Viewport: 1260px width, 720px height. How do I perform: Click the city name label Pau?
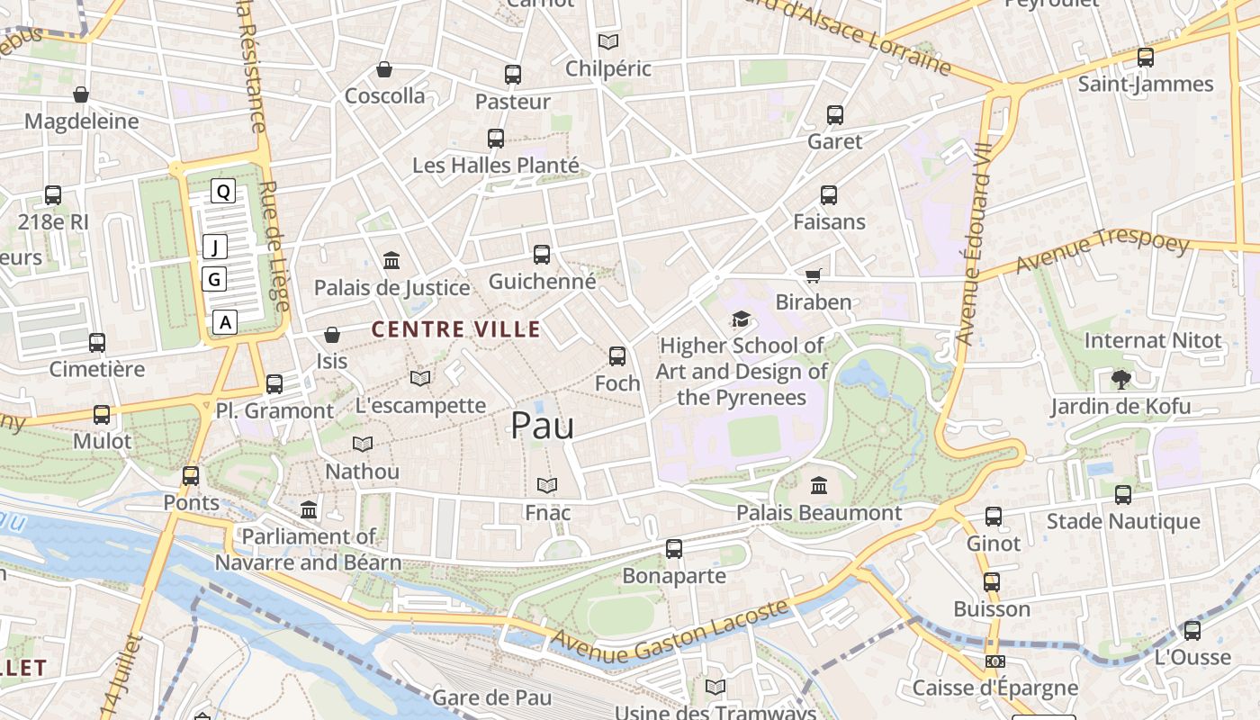pos(542,426)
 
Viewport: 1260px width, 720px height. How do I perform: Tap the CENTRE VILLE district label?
pos(456,329)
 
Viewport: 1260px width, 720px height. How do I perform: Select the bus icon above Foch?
pos(617,356)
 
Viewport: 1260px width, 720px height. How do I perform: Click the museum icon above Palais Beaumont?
pos(819,486)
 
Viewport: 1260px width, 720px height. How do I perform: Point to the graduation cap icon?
pos(741,319)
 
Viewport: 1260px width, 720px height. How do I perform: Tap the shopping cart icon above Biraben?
pos(813,275)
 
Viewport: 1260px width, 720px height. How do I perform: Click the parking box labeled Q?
pos(223,191)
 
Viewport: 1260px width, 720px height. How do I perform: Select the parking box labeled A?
pos(225,321)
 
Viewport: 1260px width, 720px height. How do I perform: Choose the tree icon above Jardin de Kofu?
pos(1120,379)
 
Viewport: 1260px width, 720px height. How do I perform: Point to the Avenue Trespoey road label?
pos(1102,253)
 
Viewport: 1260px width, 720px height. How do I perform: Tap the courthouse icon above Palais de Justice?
pos(391,261)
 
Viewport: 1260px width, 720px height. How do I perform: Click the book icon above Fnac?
pos(547,486)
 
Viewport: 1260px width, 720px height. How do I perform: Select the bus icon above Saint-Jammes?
pos(1146,58)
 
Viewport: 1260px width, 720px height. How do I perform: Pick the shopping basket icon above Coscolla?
pos(384,69)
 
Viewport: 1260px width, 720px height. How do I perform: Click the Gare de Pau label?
pos(491,697)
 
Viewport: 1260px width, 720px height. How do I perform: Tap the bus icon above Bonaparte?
pos(674,549)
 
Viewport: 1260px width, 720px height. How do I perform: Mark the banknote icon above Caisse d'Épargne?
pos(994,661)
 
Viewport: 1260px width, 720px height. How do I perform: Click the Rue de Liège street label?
pos(274,247)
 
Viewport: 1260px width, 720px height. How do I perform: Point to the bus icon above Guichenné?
pos(542,255)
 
